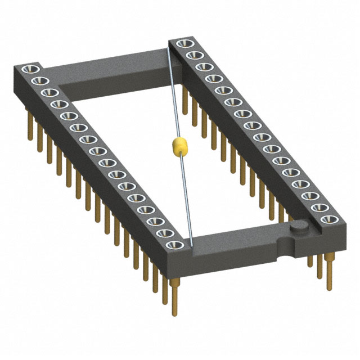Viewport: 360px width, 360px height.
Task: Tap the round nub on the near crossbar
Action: pos(299,227)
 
